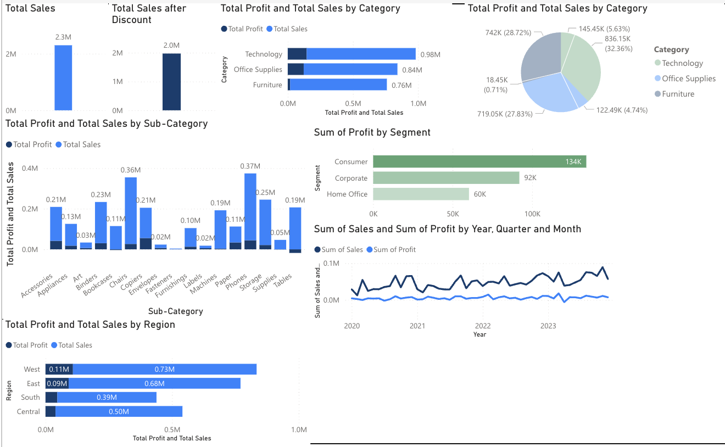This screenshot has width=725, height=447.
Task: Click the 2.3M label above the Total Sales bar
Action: click(63, 37)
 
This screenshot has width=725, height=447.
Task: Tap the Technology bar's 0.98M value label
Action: click(430, 54)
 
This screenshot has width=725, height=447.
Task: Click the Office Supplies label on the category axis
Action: click(258, 70)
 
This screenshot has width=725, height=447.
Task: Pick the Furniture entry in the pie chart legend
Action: click(678, 94)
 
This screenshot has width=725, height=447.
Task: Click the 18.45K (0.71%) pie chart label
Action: click(495, 85)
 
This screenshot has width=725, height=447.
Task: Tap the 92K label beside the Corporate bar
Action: click(530, 178)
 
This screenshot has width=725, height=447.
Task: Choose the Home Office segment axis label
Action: click(347, 194)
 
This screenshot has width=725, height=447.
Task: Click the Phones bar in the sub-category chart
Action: click(250, 209)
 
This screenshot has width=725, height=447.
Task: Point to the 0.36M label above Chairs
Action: click(131, 170)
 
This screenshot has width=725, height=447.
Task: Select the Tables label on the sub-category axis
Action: click(283, 280)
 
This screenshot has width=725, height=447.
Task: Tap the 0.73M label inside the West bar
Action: click(164, 369)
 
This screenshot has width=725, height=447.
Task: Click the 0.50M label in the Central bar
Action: click(119, 412)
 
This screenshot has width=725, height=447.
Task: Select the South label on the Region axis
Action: click(30, 398)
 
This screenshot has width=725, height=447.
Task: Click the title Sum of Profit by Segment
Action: click(372, 132)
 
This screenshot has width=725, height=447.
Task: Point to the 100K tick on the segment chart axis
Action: click(532, 214)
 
